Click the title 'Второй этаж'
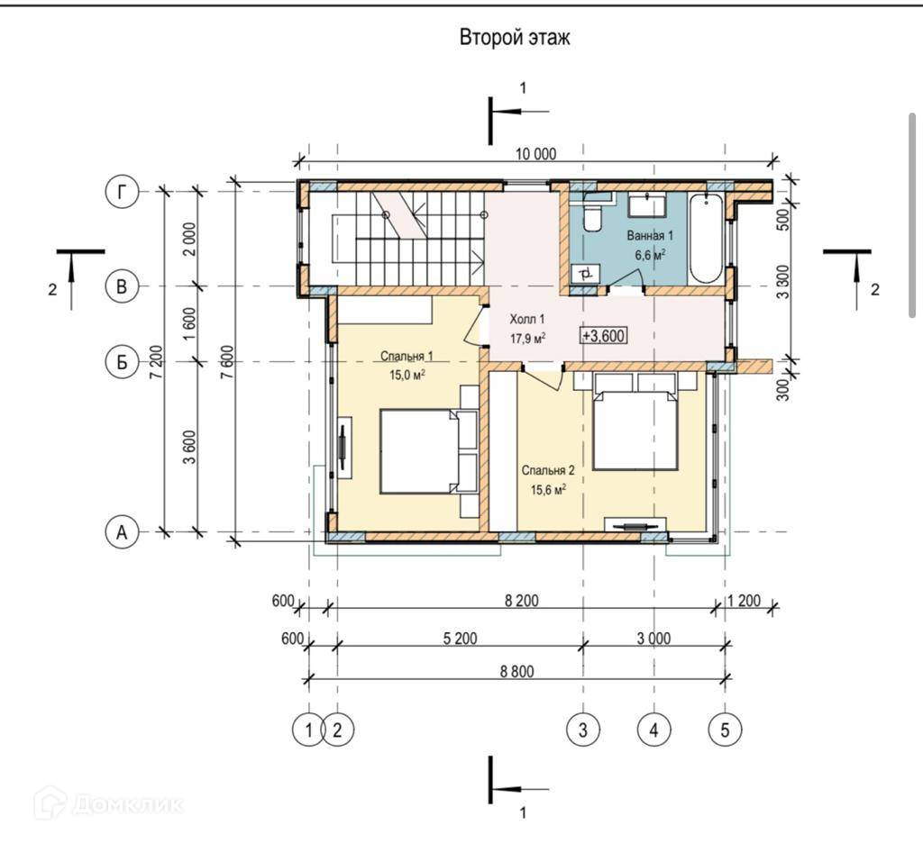coord(515,38)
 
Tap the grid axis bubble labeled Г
coord(122,191)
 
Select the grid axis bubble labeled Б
coord(122,361)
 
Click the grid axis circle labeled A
coord(122,532)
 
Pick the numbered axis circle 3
coord(583,730)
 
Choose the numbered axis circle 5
coord(725,730)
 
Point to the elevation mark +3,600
coord(603,335)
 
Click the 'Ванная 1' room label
coord(650,236)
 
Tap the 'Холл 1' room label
coord(526,320)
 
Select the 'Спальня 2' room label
coord(548,471)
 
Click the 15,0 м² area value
coord(407,375)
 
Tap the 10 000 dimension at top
coord(535,154)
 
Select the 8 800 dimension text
coord(516,671)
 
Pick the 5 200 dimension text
coord(460,639)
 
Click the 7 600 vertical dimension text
coord(228,362)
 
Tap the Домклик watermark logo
coord(109,803)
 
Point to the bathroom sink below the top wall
coord(647,206)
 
